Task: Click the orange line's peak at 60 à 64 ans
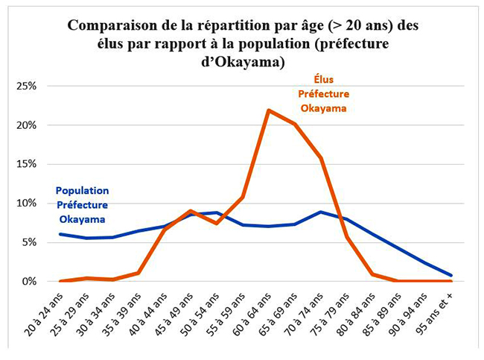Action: coord(268,110)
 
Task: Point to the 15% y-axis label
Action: coord(26,164)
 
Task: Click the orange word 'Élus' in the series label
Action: coord(322,79)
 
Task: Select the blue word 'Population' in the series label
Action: coord(82,191)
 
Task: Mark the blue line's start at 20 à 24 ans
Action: coord(60,234)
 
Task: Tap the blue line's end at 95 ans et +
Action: coord(450,275)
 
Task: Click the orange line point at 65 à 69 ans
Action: coord(294,124)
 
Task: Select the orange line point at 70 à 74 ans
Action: coord(320,158)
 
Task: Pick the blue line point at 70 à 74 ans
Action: coord(320,212)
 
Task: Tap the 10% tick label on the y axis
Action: coord(26,203)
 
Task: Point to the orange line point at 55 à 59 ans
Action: coord(242,198)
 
